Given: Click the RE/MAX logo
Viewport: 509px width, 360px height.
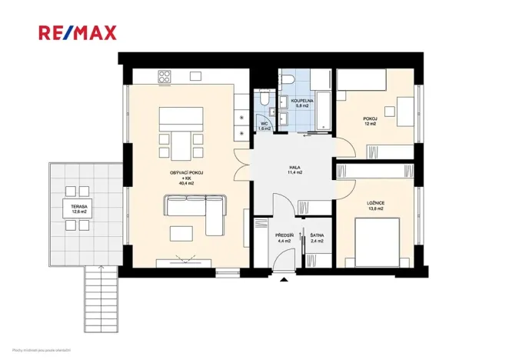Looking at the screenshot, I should tap(78, 32).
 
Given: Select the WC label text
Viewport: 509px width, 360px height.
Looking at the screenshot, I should tap(264, 125).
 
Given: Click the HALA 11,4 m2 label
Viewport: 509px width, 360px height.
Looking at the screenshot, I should tap(294, 171).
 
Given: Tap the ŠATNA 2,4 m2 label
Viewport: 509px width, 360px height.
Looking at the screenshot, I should tap(316, 238).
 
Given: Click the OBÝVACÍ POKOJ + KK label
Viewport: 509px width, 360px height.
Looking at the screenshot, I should tap(186, 178).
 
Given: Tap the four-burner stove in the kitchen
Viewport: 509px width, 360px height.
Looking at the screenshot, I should tap(165, 76).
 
